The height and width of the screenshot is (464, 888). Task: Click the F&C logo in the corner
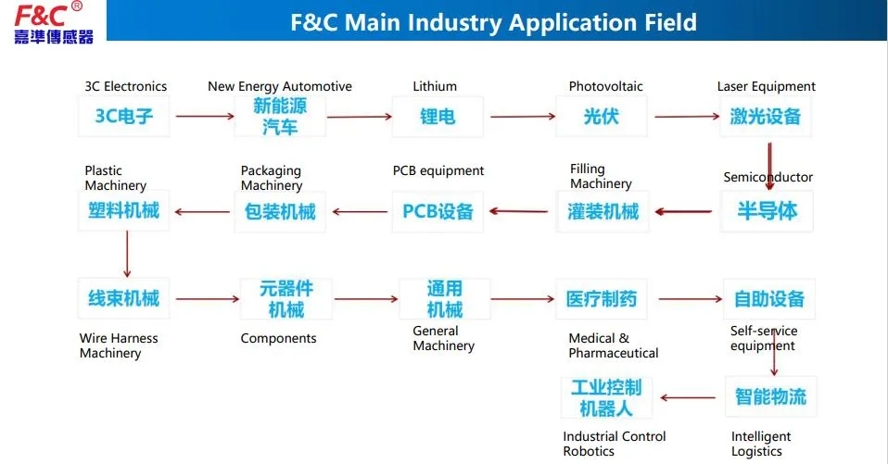54,22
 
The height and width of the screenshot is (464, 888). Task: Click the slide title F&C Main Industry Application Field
493,22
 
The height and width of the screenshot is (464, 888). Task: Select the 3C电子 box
123,117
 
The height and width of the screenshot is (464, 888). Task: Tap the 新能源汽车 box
280,117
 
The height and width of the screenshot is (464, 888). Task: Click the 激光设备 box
766,117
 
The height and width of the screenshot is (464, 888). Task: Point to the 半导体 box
767,210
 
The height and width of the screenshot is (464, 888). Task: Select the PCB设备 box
438,211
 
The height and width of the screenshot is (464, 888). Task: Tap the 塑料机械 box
123,210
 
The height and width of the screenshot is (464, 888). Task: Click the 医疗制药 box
602,299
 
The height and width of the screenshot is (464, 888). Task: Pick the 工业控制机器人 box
606,396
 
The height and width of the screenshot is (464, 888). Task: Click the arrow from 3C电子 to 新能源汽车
205,116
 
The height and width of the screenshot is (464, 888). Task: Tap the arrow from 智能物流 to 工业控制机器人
687,398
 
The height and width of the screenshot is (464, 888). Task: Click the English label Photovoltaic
605,86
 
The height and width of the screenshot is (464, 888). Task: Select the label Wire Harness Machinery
119,345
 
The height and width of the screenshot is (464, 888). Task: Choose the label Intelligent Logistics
761,444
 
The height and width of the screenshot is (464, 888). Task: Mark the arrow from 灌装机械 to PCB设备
518,211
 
